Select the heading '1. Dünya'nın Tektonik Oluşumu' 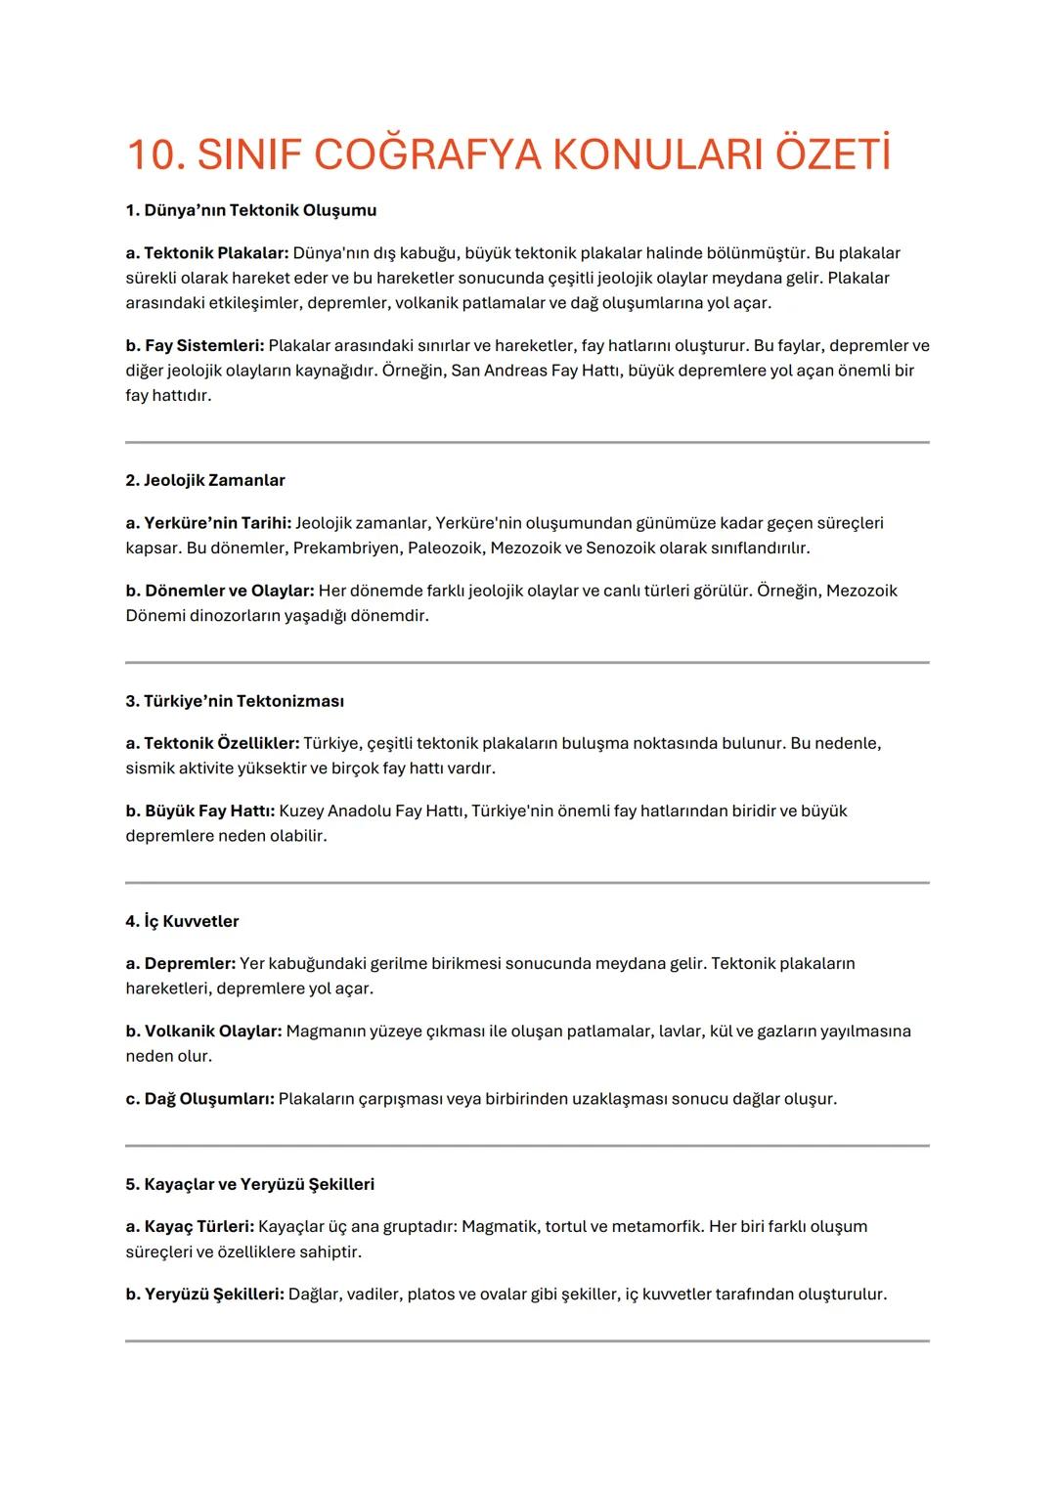[x=251, y=210]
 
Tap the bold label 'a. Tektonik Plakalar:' [x=207, y=253]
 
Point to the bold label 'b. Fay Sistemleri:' [x=195, y=346]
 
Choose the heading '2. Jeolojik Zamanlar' [x=205, y=480]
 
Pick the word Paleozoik [x=445, y=548]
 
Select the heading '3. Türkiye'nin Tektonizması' [x=235, y=701]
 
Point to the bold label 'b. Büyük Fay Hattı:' [x=201, y=811]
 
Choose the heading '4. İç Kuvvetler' [x=182, y=921]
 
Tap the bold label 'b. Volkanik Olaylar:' [x=203, y=1032]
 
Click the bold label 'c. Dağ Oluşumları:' [x=199, y=1099]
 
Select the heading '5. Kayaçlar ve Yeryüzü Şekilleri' [x=249, y=1184]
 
